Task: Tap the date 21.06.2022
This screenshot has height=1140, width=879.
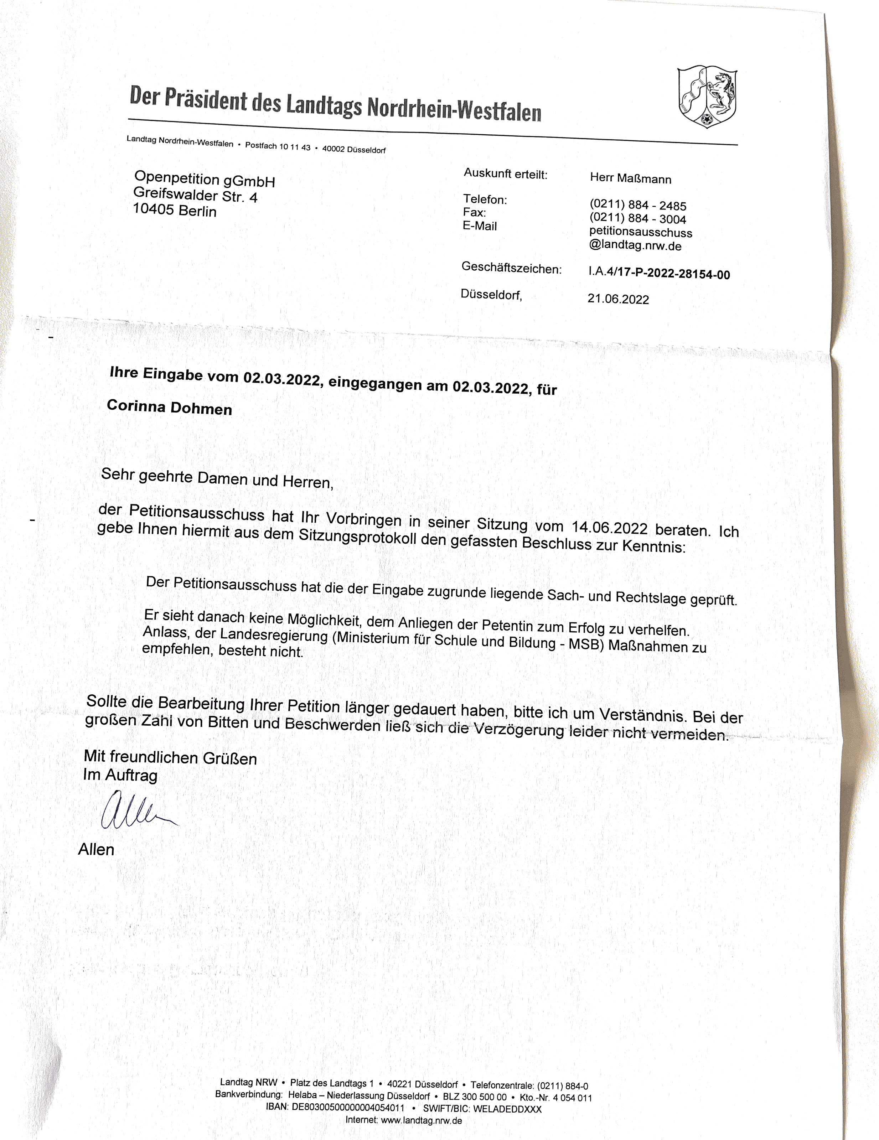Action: [618, 299]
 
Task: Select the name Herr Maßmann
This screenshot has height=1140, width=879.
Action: [631, 178]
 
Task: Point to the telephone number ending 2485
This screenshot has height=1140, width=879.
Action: [638, 205]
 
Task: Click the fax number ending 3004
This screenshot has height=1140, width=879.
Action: [638, 219]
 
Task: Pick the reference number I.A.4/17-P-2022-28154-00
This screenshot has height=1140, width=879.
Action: [659, 273]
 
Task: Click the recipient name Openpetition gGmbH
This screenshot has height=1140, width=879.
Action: [204, 179]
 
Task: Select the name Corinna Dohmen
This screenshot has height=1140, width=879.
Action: [169, 407]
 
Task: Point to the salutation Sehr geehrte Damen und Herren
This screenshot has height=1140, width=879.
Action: [217, 478]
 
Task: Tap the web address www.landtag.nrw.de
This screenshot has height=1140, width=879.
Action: [421, 1120]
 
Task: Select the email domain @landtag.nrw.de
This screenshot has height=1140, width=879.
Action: [635, 245]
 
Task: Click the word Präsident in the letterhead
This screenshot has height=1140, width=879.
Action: [206, 99]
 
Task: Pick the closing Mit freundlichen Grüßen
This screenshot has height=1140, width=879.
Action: [170, 757]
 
